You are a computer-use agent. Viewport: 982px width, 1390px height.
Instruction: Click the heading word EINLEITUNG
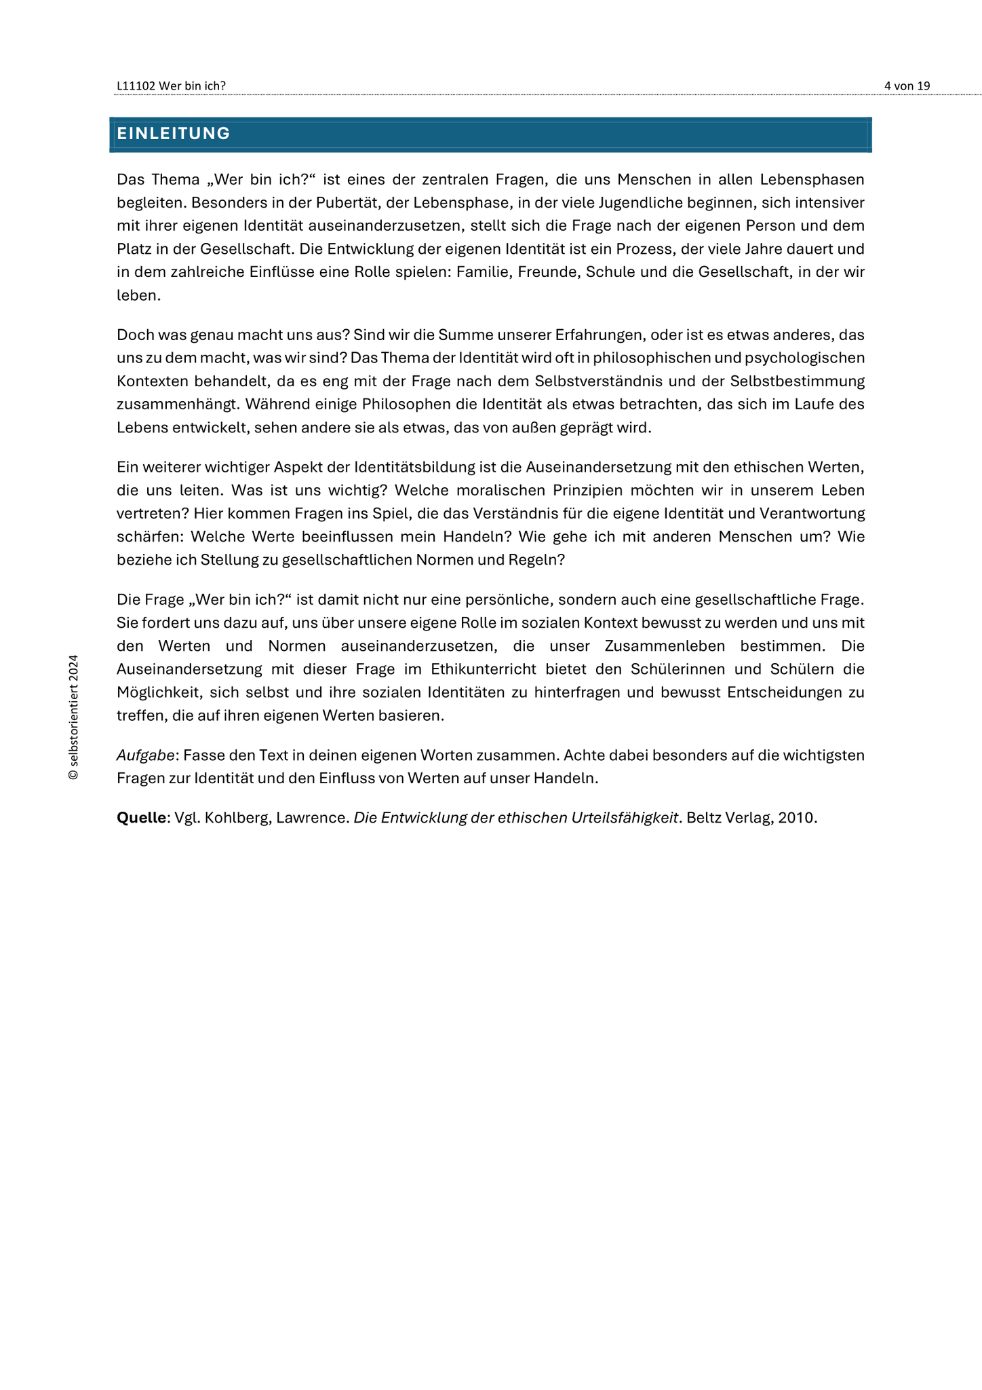click(x=174, y=134)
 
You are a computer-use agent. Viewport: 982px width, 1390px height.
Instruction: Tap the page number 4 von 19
click(x=907, y=86)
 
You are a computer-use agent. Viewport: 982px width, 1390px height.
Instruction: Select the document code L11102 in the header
click(x=136, y=86)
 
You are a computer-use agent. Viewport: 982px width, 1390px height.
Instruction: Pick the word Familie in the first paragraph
click(x=485, y=271)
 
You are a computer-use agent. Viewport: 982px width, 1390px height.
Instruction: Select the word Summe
click(x=460, y=335)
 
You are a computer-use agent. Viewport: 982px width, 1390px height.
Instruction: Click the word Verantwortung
click(x=807, y=513)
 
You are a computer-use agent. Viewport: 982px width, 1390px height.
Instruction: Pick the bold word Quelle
click(x=141, y=817)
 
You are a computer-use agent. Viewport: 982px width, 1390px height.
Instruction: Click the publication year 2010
click(x=796, y=817)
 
